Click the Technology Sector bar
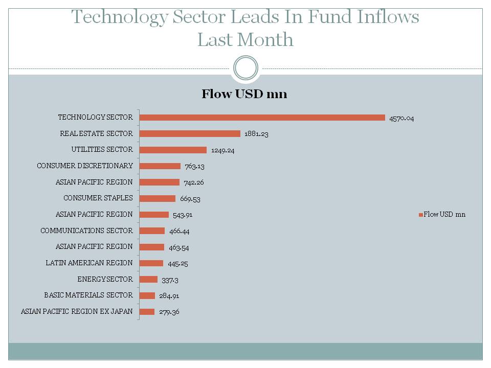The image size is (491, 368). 262,118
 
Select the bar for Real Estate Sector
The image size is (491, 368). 190,133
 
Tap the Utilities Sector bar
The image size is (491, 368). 173,150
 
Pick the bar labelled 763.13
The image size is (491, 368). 160,166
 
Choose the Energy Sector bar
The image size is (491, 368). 148,279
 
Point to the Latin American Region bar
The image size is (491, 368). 151,263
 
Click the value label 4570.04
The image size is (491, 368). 401,118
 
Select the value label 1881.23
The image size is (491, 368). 257,134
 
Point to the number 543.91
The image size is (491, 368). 183,215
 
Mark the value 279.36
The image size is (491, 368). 169,312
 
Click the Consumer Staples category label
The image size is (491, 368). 98,198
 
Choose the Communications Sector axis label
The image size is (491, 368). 86,231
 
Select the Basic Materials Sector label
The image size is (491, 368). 88,295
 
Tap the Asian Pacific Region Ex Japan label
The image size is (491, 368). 77,311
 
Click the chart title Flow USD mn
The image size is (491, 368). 244,94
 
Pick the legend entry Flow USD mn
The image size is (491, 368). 442,214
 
